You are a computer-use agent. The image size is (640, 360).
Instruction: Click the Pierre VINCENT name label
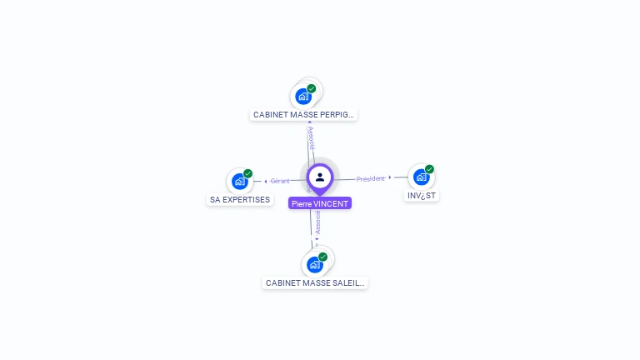(320, 203)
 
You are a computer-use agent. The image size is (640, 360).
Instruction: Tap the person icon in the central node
(320, 177)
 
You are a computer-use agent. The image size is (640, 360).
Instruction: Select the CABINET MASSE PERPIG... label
(303, 114)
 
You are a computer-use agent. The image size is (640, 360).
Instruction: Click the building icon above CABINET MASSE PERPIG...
(303, 97)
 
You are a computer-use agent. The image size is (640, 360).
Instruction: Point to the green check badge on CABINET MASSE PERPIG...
(312, 88)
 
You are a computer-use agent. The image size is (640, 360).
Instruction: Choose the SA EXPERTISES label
(240, 200)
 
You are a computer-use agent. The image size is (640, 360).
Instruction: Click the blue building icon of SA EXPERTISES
(240, 182)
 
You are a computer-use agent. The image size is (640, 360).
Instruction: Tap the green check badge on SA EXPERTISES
(248, 173)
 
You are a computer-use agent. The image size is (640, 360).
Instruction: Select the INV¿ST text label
(422, 196)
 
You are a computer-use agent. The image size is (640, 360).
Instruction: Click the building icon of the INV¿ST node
(421, 177)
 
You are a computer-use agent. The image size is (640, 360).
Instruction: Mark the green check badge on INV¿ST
(430, 169)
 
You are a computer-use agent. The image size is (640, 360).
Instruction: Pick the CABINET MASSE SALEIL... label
(315, 283)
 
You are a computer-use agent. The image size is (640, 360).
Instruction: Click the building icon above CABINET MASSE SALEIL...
(314, 265)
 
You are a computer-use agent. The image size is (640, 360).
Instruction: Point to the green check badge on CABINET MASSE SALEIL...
(323, 257)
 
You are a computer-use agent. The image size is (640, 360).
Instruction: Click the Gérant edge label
(280, 181)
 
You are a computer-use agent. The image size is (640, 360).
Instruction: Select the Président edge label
(371, 178)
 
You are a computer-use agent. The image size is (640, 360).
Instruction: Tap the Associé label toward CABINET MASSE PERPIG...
(312, 138)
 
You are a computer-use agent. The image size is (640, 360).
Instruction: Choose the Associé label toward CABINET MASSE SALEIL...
(317, 222)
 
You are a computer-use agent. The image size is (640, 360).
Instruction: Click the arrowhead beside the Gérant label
(266, 181)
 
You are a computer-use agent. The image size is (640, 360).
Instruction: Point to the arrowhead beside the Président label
(390, 177)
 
